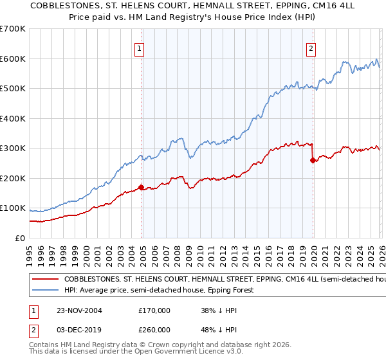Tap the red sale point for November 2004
[142, 187]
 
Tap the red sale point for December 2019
[313, 161]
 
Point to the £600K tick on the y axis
[12, 59]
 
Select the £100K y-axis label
[12, 208]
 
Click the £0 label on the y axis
[19, 238]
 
